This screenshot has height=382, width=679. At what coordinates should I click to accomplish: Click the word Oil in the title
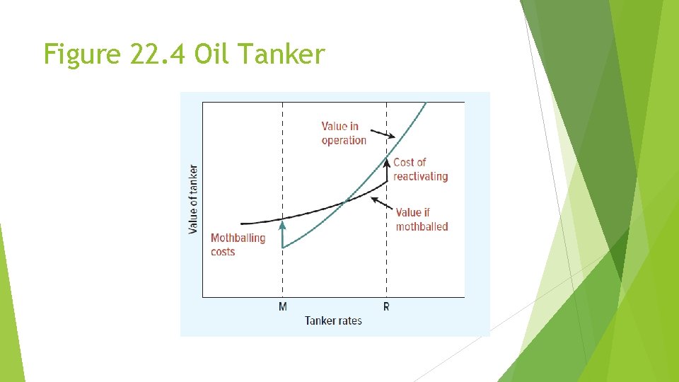pyautogui.click(x=211, y=54)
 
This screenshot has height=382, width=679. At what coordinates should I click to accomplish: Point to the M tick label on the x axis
pyautogui.click(x=283, y=306)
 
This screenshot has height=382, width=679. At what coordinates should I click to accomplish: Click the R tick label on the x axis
pyautogui.click(x=386, y=306)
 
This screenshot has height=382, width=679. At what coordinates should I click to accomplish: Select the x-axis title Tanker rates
pyautogui.click(x=333, y=320)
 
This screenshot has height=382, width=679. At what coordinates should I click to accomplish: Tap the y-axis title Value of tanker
pyautogui.click(x=193, y=199)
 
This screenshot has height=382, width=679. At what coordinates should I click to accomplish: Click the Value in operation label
pyautogui.click(x=344, y=133)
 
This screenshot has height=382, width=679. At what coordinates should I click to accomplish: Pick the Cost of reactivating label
pyautogui.click(x=420, y=169)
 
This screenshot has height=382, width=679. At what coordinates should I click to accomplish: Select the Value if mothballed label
pyautogui.click(x=422, y=219)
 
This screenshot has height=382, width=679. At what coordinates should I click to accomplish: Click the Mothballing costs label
pyautogui.click(x=238, y=244)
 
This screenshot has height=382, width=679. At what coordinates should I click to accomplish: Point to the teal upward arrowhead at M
pyautogui.click(x=282, y=225)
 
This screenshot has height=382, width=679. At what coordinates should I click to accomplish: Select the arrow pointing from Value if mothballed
pyautogui.click(x=382, y=206)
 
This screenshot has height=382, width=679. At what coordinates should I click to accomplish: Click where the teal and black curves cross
pyautogui.click(x=345, y=202)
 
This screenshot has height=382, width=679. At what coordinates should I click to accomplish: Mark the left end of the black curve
pyautogui.click(x=242, y=224)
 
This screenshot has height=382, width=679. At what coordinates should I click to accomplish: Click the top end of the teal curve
pyautogui.click(x=426, y=103)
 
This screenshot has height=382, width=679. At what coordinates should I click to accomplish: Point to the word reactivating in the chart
pyautogui.click(x=420, y=176)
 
